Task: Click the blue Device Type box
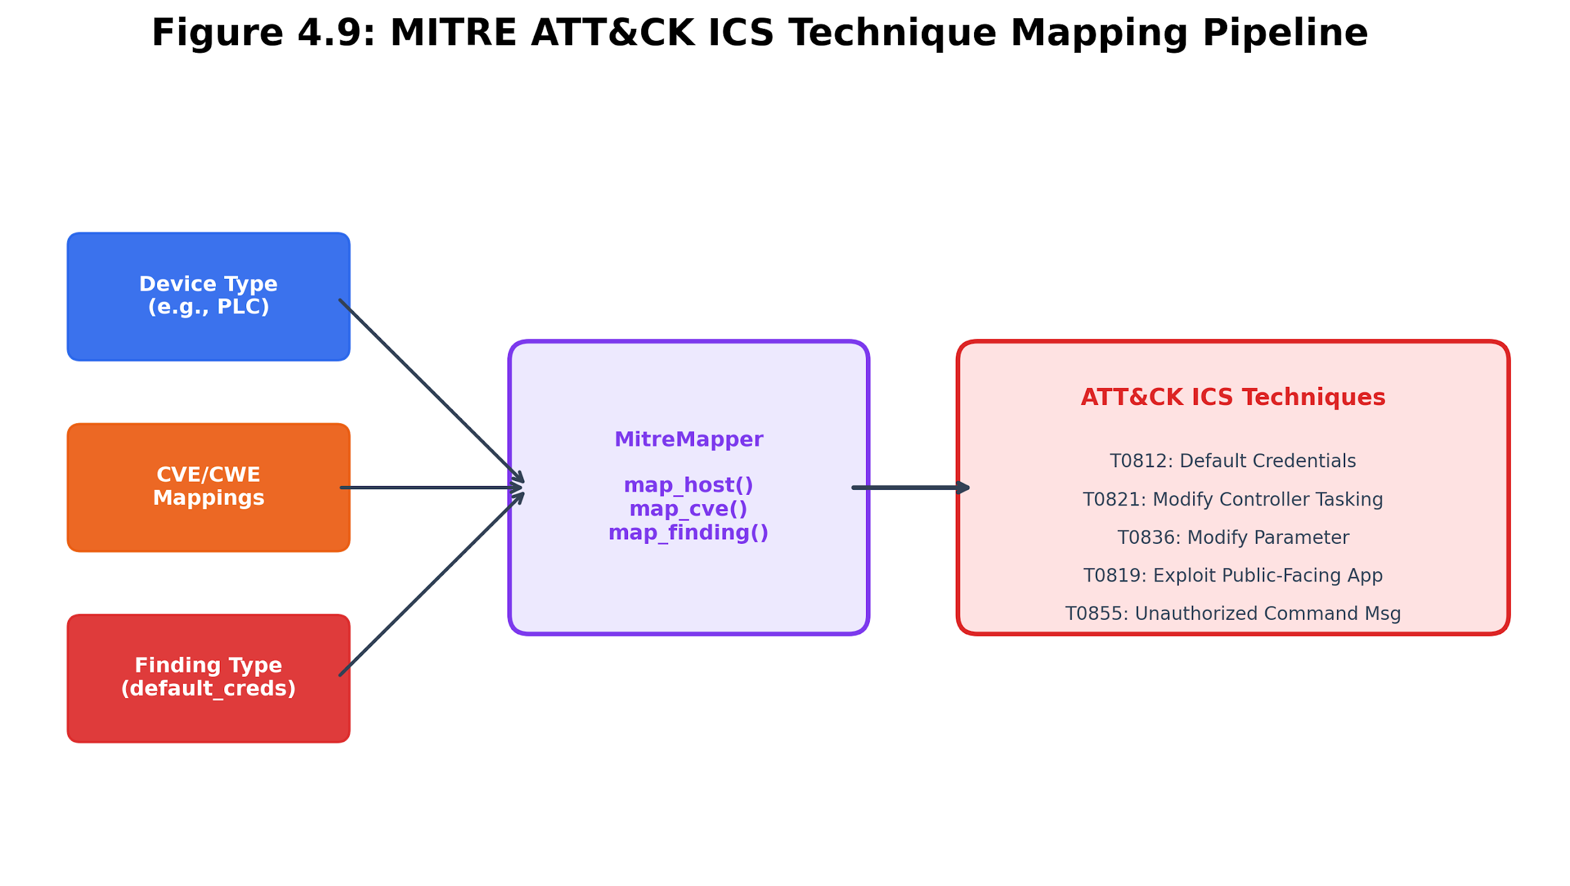(208, 297)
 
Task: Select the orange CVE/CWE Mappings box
(208, 488)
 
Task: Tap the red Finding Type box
(208, 679)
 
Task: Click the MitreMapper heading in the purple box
(689, 440)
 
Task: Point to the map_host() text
(689, 485)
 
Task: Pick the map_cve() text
(689, 509)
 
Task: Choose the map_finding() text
(689, 533)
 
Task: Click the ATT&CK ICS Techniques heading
(1233, 397)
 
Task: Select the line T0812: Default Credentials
(1233, 461)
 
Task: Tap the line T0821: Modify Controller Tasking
(1233, 500)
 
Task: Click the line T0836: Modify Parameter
(1233, 538)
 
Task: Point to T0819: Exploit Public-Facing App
(1233, 576)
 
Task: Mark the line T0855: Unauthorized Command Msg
(1233, 613)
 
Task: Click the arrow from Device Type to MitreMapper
(432, 391)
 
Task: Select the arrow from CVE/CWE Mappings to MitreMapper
(432, 488)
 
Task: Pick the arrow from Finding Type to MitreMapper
(432, 584)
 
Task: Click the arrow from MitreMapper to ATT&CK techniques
(911, 488)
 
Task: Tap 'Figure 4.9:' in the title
(263, 33)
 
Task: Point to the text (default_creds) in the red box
(208, 689)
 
